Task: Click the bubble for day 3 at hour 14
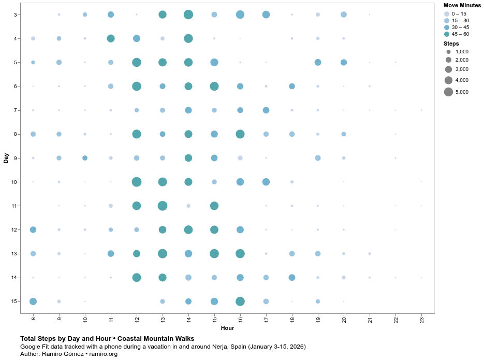[x=188, y=15]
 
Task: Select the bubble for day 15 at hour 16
[x=240, y=301]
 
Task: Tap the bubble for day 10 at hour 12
[x=137, y=182]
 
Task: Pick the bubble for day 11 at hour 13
[x=163, y=206]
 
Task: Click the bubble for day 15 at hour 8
[x=33, y=301]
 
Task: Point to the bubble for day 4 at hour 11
[x=111, y=38]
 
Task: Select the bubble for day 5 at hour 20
[x=344, y=62]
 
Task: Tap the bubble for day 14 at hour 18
[x=292, y=278]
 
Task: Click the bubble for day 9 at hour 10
[x=85, y=158]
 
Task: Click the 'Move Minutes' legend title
[x=462, y=5]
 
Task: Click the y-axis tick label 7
[x=16, y=110]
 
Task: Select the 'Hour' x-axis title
[x=227, y=328]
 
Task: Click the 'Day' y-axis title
[x=6, y=158]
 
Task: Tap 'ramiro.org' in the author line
[x=104, y=354]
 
